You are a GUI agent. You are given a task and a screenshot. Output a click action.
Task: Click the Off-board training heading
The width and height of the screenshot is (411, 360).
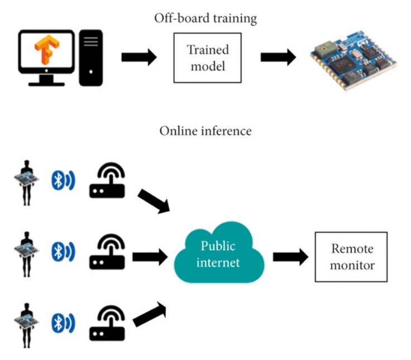205,18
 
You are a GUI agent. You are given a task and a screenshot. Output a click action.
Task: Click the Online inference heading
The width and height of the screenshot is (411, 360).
205,131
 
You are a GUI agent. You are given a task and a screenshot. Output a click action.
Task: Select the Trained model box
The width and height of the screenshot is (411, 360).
208,57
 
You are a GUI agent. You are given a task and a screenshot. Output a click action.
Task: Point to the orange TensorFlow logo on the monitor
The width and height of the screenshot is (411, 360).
44,53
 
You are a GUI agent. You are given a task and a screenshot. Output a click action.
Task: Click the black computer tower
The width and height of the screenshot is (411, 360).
91,57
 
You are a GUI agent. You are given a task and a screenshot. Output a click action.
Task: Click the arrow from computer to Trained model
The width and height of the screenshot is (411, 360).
139,57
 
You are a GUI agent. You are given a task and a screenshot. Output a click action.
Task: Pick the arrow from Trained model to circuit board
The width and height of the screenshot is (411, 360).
278,57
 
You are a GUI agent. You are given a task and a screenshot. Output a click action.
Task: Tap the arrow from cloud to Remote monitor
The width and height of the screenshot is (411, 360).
290,257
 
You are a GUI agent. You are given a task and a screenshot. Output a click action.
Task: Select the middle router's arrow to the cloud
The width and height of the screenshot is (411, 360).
150,257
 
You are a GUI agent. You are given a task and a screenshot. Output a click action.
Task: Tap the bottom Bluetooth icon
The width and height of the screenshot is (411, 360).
62,323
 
